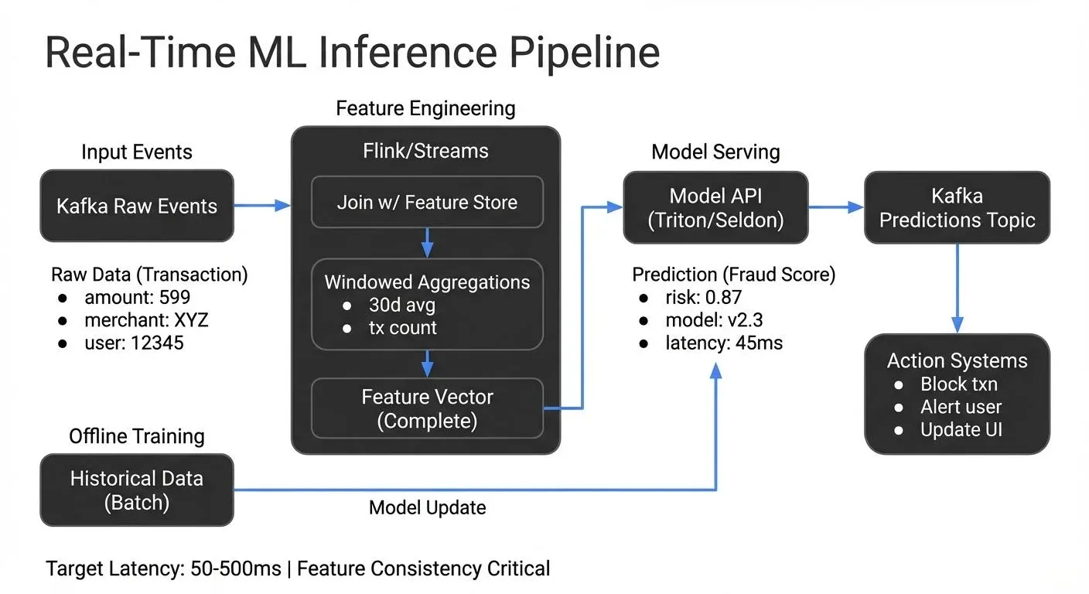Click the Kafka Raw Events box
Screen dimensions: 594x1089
[x=136, y=206]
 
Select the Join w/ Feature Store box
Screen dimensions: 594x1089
[x=427, y=203]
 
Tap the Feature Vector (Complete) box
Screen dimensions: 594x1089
[x=427, y=408]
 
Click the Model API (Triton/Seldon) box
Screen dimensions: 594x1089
[x=715, y=208]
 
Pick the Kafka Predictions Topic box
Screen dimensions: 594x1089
[x=957, y=208]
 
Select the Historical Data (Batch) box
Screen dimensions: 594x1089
[x=136, y=490]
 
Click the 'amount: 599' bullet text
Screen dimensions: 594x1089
[x=137, y=297]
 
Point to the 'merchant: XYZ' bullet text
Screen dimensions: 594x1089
[x=147, y=319]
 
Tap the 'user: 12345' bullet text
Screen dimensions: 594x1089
[x=134, y=342]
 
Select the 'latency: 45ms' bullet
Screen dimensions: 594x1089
[x=724, y=342]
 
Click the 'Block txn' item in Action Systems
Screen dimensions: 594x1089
[x=959, y=384]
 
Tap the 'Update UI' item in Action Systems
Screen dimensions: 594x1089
[x=961, y=429]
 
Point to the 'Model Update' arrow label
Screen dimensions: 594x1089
[x=427, y=507]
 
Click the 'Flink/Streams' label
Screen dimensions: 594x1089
[x=425, y=151]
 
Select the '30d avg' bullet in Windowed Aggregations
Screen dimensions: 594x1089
[x=401, y=305]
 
